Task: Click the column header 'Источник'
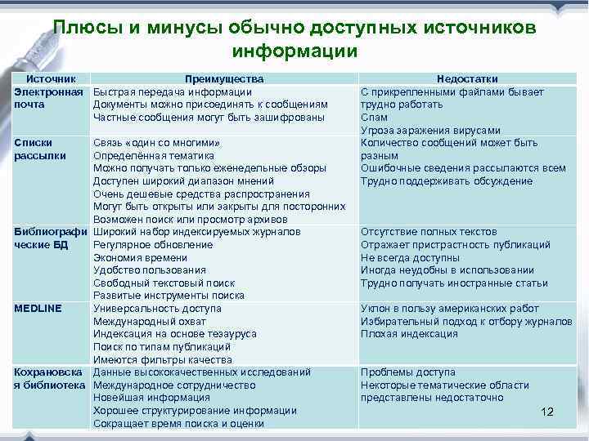[52, 79]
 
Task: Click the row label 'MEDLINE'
[38, 309]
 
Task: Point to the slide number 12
[548, 412]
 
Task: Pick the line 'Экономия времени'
[140, 257]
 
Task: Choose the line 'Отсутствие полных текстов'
[429, 232]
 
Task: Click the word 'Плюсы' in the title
[84, 27]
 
